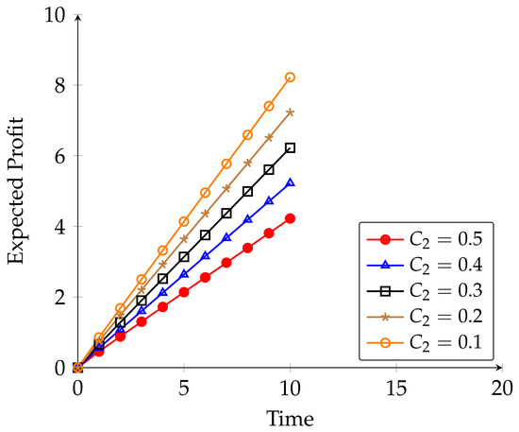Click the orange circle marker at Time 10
(x=291, y=78)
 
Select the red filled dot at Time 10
(x=291, y=218)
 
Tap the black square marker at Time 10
(x=291, y=147)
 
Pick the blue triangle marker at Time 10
(x=291, y=182)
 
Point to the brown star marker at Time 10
(x=291, y=112)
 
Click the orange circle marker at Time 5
(x=184, y=221)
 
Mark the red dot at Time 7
(x=226, y=263)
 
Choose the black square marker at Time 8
(x=247, y=192)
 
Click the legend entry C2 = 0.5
(x=425, y=239)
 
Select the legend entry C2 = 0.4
(x=425, y=266)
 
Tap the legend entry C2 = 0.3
(x=425, y=291)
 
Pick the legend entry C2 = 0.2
(x=425, y=317)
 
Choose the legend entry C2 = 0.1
(x=425, y=342)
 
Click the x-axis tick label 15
(x=396, y=389)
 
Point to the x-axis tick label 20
(x=502, y=389)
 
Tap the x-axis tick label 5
(x=184, y=389)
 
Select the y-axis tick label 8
(x=60, y=85)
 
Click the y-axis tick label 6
(x=60, y=155)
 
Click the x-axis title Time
(x=291, y=419)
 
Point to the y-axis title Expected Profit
(x=16, y=191)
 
